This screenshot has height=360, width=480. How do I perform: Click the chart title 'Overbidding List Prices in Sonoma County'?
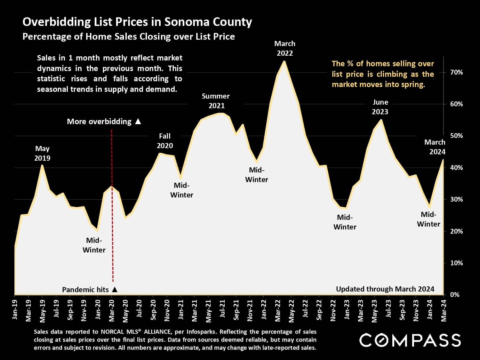click(137, 22)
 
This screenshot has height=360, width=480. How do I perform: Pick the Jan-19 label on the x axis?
click(15, 310)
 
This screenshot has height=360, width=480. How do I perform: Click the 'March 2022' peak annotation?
click(285, 48)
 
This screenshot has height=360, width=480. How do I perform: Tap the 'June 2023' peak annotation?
click(380, 107)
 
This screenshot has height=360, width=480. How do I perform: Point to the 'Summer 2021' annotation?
click(216, 101)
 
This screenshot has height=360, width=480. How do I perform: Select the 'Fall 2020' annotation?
click(165, 141)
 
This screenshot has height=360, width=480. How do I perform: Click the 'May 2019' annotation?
click(42, 153)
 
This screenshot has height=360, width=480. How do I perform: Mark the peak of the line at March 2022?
click(284, 61)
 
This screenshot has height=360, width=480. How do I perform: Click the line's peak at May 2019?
click(42, 165)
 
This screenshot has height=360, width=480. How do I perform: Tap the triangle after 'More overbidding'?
click(138, 122)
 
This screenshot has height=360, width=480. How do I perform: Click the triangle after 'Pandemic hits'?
click(115, 290)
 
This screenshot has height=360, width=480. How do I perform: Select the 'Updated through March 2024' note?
click(385, 289)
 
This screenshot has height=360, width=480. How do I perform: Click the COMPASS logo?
click(410, 340)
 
